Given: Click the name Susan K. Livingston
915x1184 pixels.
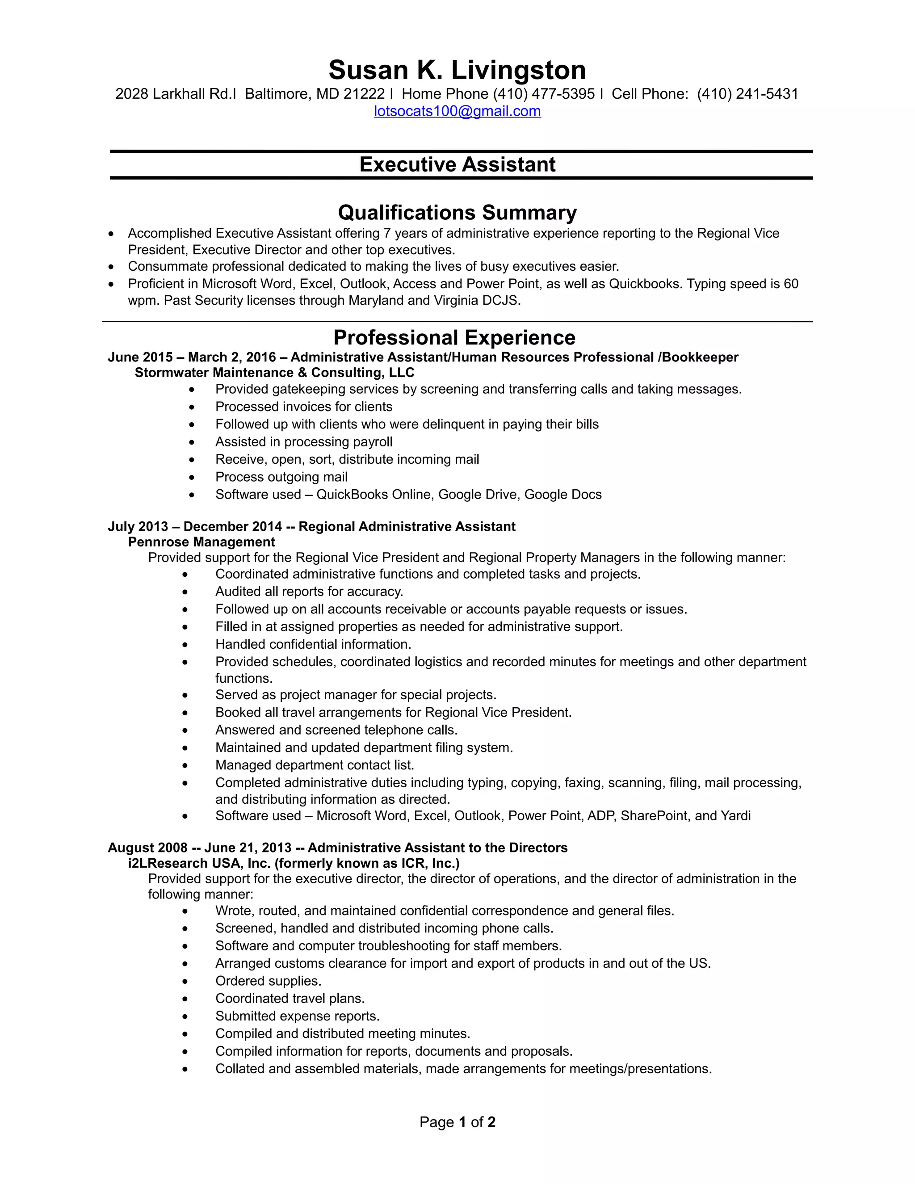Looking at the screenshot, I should pos(457,71).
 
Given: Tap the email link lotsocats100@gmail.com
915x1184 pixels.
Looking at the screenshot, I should pos(457,111).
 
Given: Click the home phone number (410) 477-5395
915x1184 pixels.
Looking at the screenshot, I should pos(544,94).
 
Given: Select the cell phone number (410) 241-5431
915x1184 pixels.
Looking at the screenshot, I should pos(747,94).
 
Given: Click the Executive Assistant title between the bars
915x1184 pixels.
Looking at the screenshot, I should pos(457,164).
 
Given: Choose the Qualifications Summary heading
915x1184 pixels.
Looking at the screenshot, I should pos(457,213).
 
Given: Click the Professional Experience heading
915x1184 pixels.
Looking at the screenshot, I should pos(454,337).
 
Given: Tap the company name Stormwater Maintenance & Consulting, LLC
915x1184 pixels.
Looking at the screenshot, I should pos(274,373).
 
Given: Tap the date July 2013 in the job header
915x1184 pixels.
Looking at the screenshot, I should pos(138,526).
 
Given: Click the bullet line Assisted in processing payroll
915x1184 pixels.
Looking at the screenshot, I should pos(303,442).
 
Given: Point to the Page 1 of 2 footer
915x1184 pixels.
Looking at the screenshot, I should pos(457,1122).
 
